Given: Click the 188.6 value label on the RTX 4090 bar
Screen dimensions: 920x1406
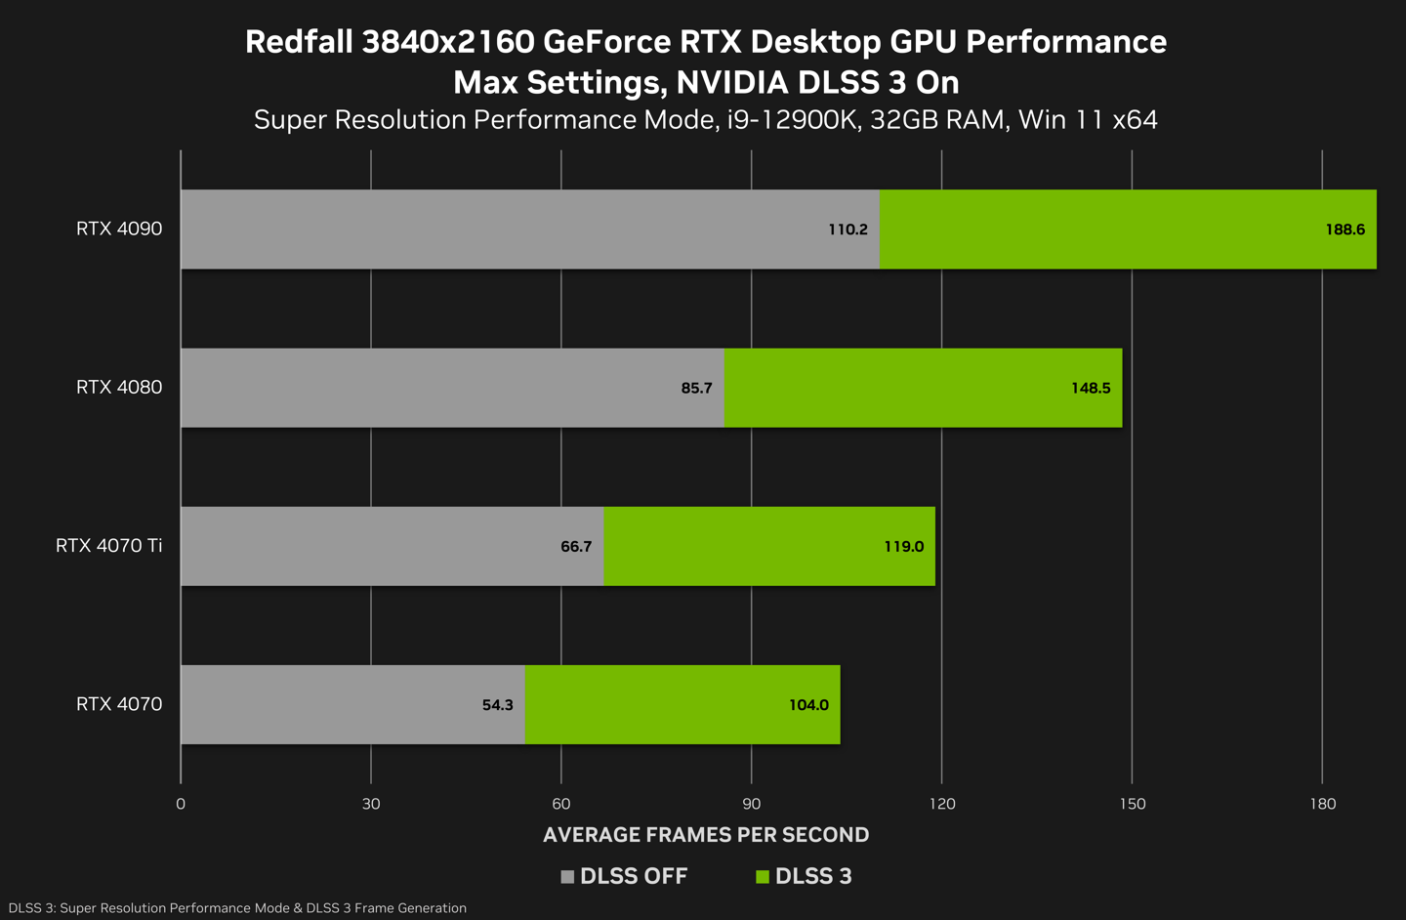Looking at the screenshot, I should [1344, 230].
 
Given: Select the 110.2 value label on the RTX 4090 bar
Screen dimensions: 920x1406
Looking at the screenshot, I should [848, 230].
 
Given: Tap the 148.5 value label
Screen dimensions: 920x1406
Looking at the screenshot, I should [1091, 388].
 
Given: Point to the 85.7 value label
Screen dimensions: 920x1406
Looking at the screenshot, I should [696, 388].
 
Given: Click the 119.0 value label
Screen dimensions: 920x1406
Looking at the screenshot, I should [903, 546].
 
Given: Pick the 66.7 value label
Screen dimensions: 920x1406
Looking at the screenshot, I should [576, 546].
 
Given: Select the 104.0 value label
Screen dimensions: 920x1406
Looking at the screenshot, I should [808, 705].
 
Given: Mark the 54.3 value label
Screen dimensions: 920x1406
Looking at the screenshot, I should [497, 705].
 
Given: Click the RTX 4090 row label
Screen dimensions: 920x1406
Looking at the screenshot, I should [119, 229].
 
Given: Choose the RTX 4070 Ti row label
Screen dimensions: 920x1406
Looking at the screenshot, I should [108, 545].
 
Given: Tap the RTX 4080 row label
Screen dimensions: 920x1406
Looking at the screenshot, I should [119, 387].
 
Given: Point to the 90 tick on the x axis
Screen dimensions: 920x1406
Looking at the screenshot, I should [752, 804].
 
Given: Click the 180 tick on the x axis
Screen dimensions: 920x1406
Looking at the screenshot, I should [1322, 804].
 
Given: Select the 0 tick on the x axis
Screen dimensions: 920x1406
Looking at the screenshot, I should [181, 804].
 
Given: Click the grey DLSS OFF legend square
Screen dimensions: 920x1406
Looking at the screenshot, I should [567, 877].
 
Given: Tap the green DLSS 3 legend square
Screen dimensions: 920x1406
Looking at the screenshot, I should [763, 877].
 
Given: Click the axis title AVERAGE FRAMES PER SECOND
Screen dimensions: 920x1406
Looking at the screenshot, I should [706, 835].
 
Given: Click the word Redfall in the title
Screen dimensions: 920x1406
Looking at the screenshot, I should [299, 42].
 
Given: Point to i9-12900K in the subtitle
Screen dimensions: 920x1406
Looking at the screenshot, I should [792, 120].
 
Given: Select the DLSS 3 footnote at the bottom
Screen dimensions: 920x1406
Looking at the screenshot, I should [237, 908].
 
